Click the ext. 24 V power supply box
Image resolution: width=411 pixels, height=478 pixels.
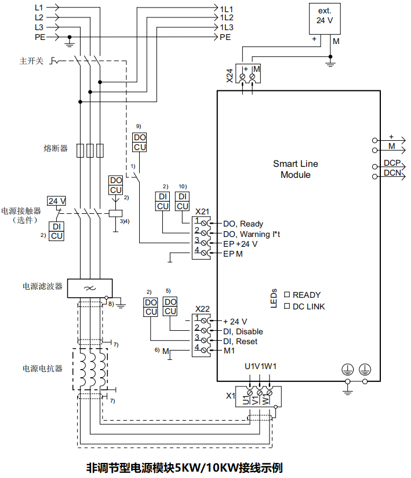pyautogui.click(x=323, y=16)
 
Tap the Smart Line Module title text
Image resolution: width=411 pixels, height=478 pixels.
pyautogui.click(x=295, y=169)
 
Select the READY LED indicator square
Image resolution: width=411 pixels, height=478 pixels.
pyautogui.click(x=286, y=294)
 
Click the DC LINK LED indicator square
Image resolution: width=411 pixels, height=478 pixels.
pyautogui.click(x=286, y=306)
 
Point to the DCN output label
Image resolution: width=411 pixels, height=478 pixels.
pyautogui.click(x=392, y=173)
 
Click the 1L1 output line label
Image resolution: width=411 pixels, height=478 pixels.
pyautogui.click(x=226, y=9)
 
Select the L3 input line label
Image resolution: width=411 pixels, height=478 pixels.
pyautogui.click(x=39, y=27)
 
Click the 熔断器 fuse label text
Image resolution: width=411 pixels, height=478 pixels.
pyautogui.click(x=56, y=148)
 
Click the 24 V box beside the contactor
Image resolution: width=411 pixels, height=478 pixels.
pyautogui.click(x=57, y=201)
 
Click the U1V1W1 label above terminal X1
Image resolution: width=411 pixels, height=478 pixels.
pyautogui.click(x=260, y=366)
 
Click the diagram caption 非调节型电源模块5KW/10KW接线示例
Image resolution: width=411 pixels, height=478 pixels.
pyautogui.click(x=184, y=467)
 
